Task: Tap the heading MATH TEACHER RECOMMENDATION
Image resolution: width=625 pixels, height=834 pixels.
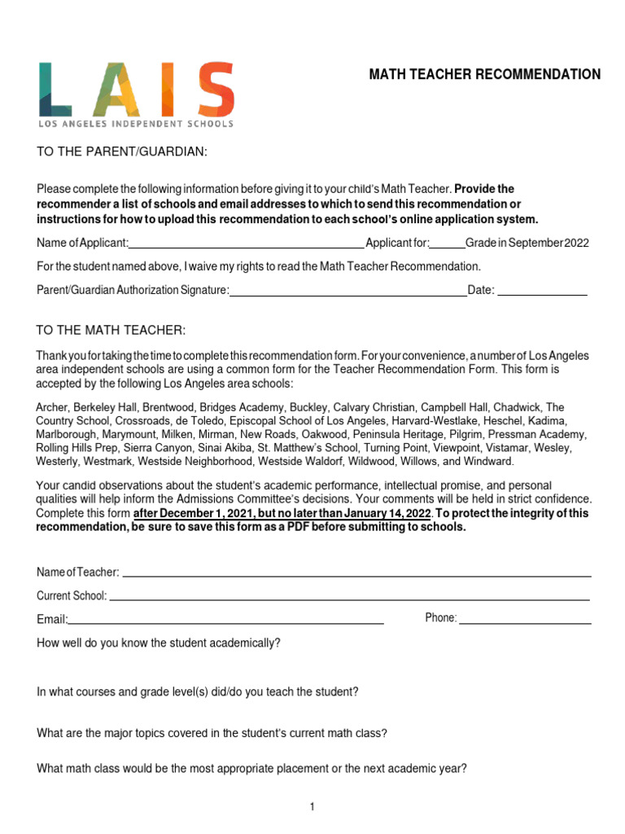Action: pos(485,75)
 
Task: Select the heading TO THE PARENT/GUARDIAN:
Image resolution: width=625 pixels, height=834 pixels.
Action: pos(122,152)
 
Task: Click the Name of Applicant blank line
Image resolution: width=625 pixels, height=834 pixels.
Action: pos(246,244)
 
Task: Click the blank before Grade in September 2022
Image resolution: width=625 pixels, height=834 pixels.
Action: pos(447,244)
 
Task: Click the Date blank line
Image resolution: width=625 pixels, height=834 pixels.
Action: pos(542,291)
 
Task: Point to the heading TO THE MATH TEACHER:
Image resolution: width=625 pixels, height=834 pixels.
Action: pos(111,330)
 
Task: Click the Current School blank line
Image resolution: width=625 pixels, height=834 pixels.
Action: pos(349,596)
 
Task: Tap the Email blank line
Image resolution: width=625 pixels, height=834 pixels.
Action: pos(225,620)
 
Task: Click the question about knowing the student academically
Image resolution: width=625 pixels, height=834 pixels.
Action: pos(159,643)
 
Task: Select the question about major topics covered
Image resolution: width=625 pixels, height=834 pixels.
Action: pos(212,733)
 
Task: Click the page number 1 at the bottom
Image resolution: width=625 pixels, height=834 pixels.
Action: pos(312,807)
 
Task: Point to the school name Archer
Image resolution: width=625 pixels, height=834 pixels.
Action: pos(52,406)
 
